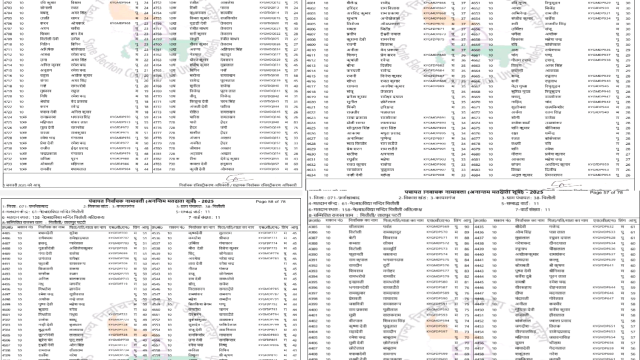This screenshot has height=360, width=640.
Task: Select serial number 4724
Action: tap(7, 117)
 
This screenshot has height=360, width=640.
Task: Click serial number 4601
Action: tap(311, 3)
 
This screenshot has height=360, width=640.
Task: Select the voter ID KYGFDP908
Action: tap(433, 175)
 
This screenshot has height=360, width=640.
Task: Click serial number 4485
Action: tap(6, 233)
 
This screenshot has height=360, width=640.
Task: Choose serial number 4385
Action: tap(314, 226)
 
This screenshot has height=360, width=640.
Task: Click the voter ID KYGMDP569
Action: tap(437, 226)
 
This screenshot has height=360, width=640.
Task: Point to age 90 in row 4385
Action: tap(466, 226)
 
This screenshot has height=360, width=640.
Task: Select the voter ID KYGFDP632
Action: tap(603, 226)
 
